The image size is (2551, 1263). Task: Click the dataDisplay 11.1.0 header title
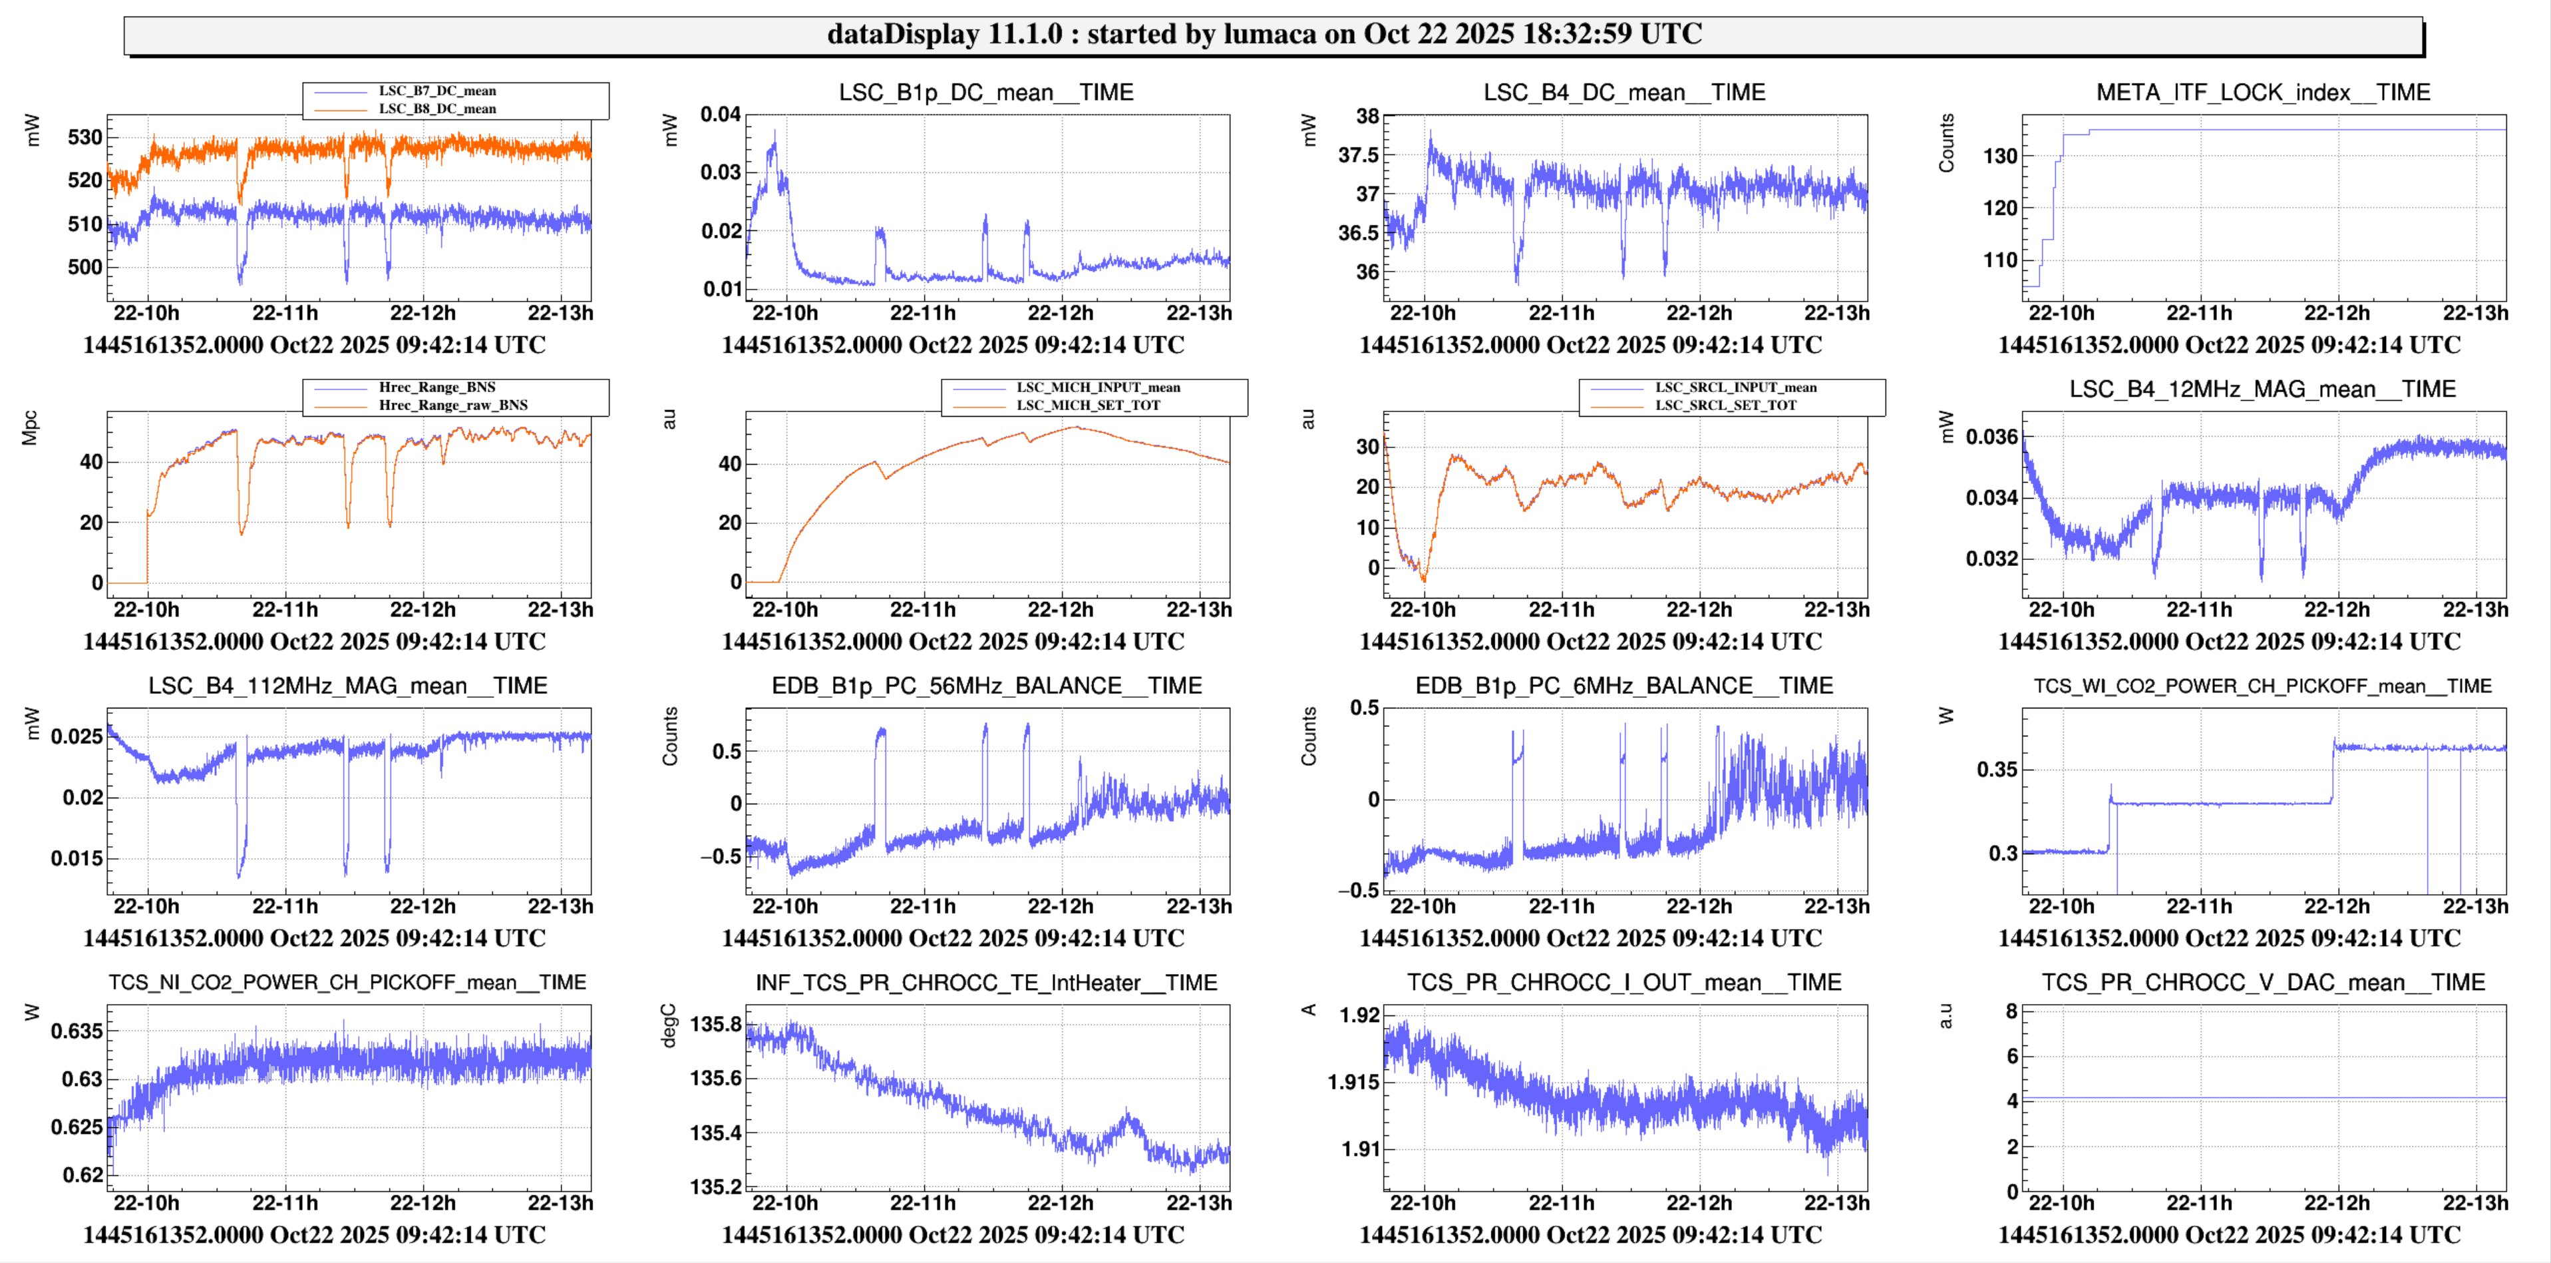(1265, 35)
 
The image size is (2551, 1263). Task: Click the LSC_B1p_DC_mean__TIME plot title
(985, 92)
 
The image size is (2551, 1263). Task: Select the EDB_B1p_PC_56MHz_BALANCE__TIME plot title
(986, 686)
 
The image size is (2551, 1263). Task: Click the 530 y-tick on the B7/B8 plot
(85, 138)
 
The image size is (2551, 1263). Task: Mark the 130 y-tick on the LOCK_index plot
(2000, 156)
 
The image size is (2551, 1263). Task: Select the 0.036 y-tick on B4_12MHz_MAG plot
(1991, 437)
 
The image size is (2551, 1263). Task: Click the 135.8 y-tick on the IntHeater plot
(715, 1024)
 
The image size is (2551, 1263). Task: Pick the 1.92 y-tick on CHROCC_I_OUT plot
(1359, 1015)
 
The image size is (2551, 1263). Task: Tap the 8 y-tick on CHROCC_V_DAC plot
(2011, 1011)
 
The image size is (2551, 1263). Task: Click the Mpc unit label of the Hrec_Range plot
(30, 428)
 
